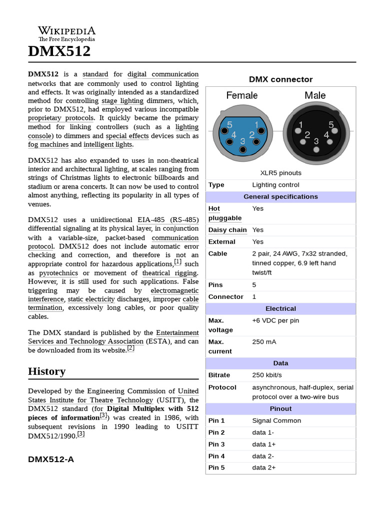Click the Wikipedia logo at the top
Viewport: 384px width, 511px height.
pyautogui.click(x=66, y=34)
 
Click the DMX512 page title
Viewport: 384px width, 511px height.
pyautogui.click(x=59, y=51)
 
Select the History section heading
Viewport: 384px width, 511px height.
pyautogui.click(x=46, y=371)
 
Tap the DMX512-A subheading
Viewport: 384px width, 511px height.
pyautogui.click(x=51, y=459)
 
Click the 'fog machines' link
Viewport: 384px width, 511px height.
pyautogui.click(x=48, y=144)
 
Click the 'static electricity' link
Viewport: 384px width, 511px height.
pyautogui.click(x=91, y=299)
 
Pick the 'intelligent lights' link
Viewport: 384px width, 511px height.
pyautogui.click(x=108, y=144)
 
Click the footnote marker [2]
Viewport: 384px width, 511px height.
pyautogui.click(x=130, y=348)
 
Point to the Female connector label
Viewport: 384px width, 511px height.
pyautogui.click(x=242, y=95)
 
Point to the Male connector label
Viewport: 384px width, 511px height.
pyautogui.click(x=315, y=95)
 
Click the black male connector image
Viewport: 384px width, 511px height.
pyautogui.click(x=315, y=133)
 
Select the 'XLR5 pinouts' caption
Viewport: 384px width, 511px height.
pyautogui.click(x=280, y=173)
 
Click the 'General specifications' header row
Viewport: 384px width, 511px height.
pyautogui.click(x=280, y=197)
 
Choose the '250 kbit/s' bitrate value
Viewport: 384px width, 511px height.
pyautogui.click(x=267, y=375)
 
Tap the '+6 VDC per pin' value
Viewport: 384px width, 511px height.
pyautogui.click(x=275, y=320)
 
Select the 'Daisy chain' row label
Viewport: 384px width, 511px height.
pyautogui.click(x=227, y=230)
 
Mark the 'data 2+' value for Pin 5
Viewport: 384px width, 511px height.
pyautogui.click(x=264, y=468)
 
